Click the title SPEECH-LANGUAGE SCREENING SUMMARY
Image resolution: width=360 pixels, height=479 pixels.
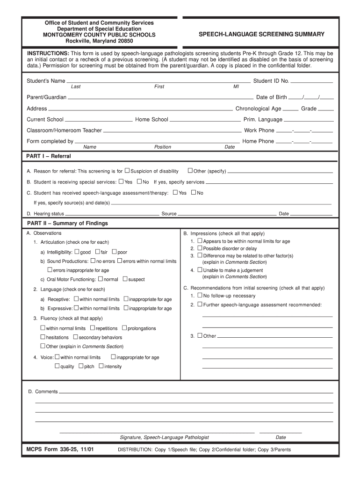pyautogui.click(x=261, y=35)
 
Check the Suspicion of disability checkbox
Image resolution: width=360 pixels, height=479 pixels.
pyautogui.click(x=127, y=171)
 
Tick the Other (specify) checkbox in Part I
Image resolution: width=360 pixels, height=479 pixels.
pyautogui.click(x=190, y=171)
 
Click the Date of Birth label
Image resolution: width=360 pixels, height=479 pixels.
pyautogui.click(x=271, y=97)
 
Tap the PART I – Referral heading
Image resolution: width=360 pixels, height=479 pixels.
pyautogui.click(x=49, y=156)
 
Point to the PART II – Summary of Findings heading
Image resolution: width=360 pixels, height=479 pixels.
pyautogui.click(x=67, y=223)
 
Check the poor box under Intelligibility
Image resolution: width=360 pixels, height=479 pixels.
pyautogui.click(x=114, y=252)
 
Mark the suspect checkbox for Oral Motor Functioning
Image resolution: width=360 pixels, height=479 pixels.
pyautogui.click(x=125, y=279)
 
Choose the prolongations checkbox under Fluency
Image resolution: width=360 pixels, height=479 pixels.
pyautogui.click(x=124, y=328)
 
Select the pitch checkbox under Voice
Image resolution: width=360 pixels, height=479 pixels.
pyautogui.click(x=81, y=366)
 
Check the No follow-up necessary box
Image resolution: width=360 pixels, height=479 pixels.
pyautogui.click(x=200, y=295)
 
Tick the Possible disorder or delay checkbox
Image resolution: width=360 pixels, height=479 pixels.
pyautogui.click(x=200, y=248)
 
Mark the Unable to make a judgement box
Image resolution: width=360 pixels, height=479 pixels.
pyautogui.click(x=200, y=269)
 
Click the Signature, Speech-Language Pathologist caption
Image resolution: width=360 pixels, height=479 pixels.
pyautogui.click(x=164, y=437)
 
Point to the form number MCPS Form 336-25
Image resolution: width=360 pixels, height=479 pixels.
pyautogui.click(x=60, y=450)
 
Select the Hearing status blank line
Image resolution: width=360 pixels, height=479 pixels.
pyautogui.click(x=112, y=214)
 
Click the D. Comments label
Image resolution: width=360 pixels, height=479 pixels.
pyautogui.click(x=43, y=392)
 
